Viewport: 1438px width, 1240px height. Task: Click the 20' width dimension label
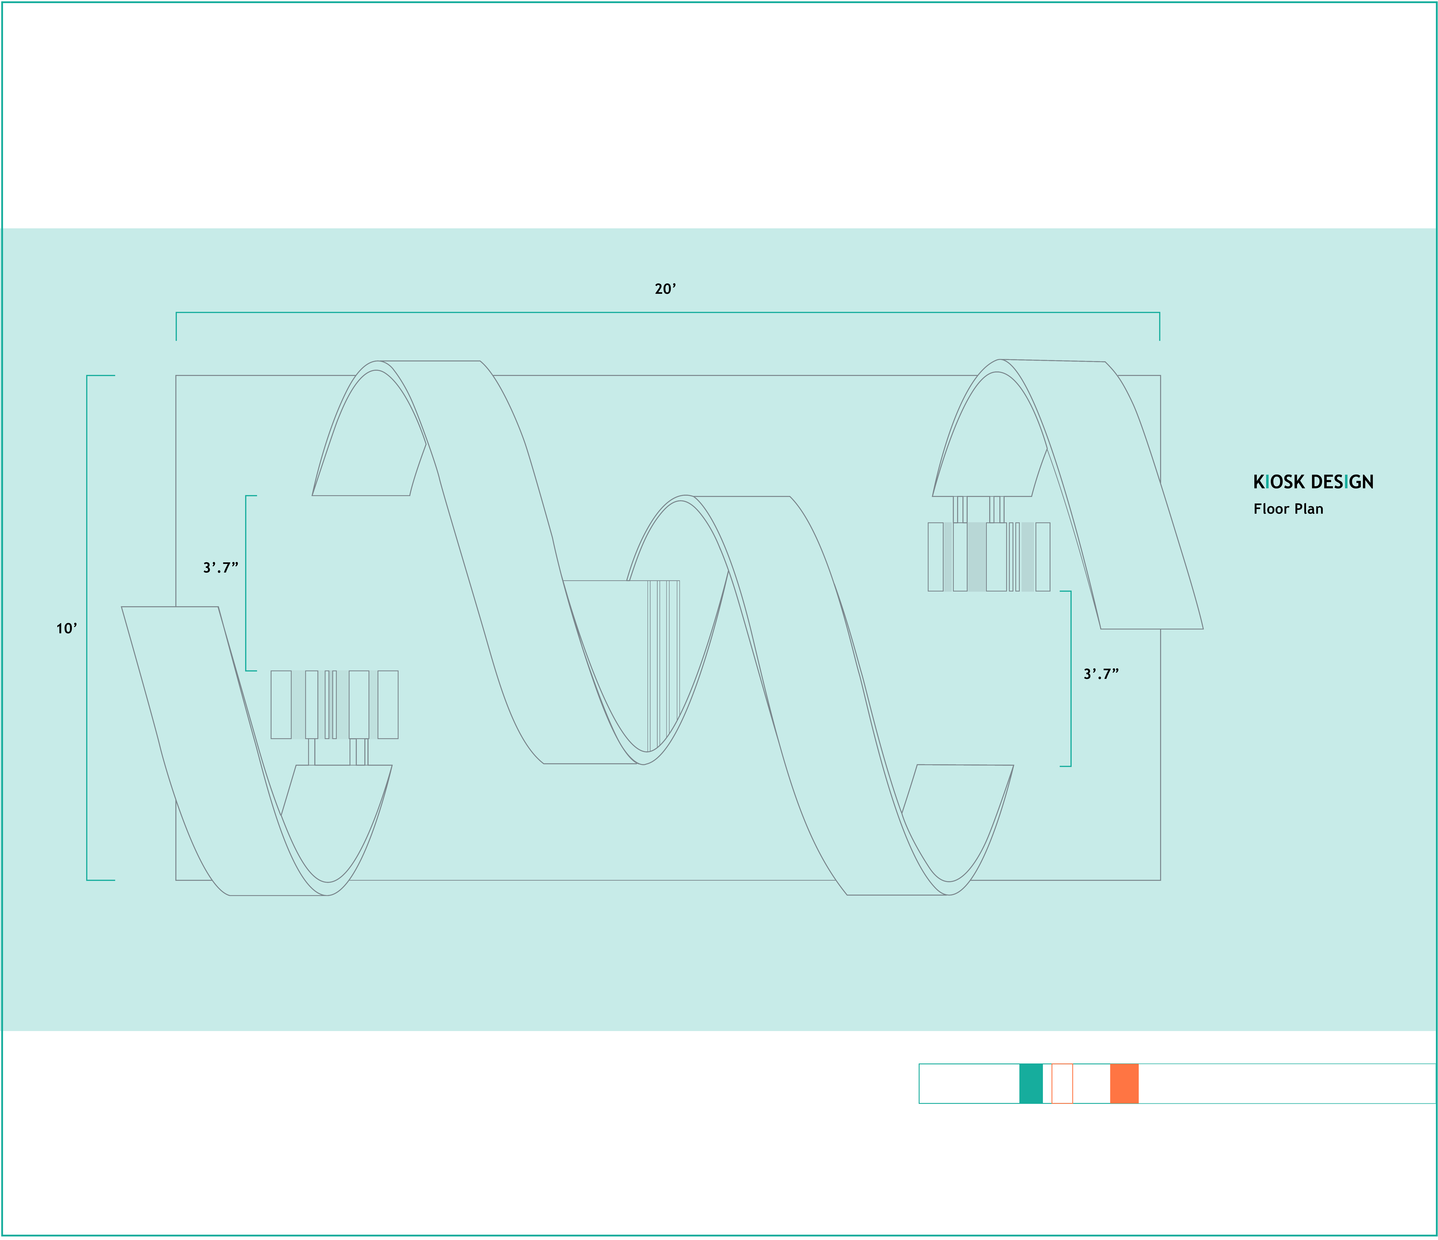pos(665,289)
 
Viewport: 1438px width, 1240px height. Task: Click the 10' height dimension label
pos(67,629)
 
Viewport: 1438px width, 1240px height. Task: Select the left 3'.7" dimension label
pos(221,568)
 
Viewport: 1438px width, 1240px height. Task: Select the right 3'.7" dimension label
pos(1101,674)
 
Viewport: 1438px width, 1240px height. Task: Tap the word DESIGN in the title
pos(1342,482)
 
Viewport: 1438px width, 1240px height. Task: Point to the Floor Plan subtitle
pos(1288,509)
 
